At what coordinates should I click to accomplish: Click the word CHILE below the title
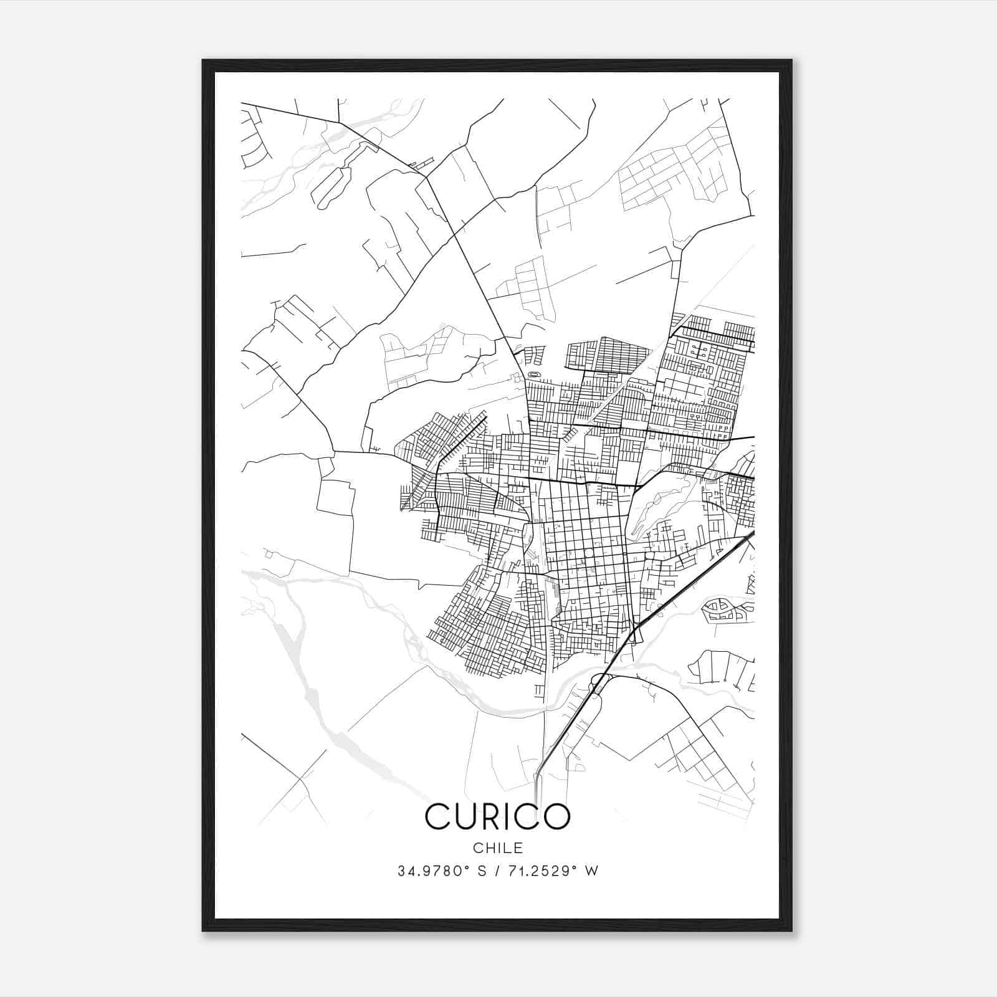497,848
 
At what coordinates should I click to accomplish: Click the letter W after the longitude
592,871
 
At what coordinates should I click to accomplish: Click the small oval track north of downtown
534,374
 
